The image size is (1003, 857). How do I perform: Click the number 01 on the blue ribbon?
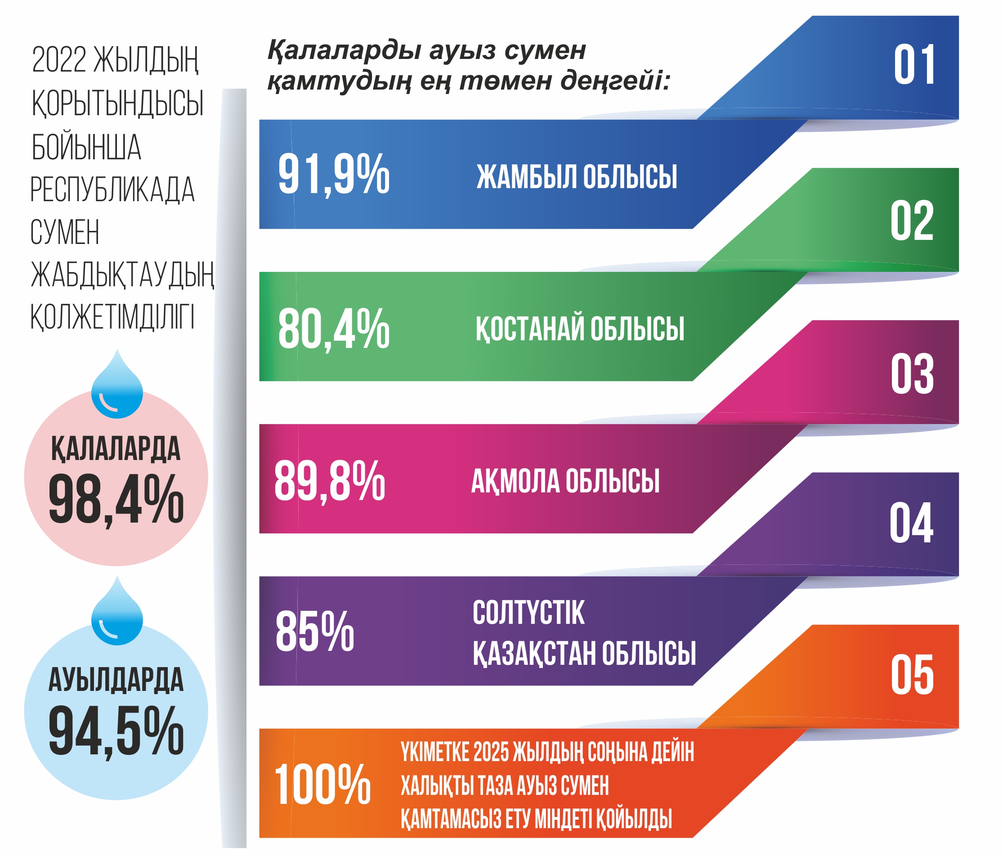[x=913, y=65]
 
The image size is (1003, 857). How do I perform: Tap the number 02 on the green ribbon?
[x=912, y=221]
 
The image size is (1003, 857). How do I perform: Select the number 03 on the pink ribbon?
[x=912, y=374]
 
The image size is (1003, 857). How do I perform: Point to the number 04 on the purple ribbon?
[x=911, y=523]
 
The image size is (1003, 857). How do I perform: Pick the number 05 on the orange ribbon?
[x=912, y=675]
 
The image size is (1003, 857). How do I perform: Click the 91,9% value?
[x=334, y=174]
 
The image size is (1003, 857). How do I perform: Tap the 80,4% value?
[x=334, y=329]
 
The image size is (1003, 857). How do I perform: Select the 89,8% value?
[x=330, y=482]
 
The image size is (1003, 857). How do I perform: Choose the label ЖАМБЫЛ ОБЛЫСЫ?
[x=577, y=177]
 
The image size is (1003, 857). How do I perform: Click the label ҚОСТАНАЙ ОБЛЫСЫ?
[x=579, y=329]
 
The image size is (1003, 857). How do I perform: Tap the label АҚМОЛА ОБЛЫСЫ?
[x=565, y=481]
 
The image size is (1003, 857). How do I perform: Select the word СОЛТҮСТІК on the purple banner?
[x=528, y=613]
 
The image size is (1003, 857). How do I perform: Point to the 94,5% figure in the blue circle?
[x=116, y=731]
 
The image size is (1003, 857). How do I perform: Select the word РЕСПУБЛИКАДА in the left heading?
[x=112, y=189]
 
